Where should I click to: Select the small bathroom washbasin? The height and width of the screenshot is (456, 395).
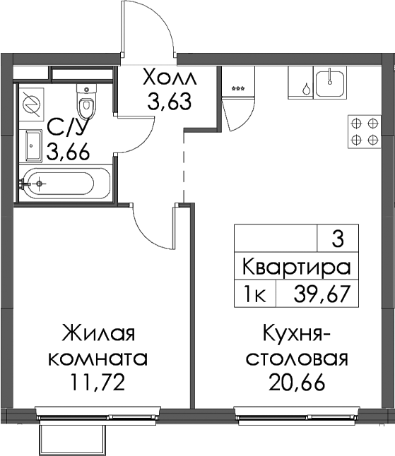tap(34, 145)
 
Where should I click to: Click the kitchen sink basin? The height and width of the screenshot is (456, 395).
tap(330, 84)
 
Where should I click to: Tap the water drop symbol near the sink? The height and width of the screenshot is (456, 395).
tap(306, 88)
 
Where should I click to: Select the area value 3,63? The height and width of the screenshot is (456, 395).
tap(169, 101)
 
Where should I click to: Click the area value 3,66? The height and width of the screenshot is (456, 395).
tap(68, 152)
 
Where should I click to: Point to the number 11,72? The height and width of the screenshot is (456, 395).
tap(98, 382)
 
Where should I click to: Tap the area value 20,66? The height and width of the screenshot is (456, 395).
tap(297, 382)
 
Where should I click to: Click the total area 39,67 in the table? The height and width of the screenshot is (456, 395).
tap(321, 294)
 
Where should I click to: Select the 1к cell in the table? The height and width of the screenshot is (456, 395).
tap(255, 294)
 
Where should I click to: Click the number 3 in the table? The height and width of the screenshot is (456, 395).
tap(338, 239)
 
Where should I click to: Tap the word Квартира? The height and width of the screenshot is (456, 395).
tap(296, 268)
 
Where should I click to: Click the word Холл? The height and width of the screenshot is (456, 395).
tap(170, 77)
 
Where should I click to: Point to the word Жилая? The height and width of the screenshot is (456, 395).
tap(98, 333)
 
